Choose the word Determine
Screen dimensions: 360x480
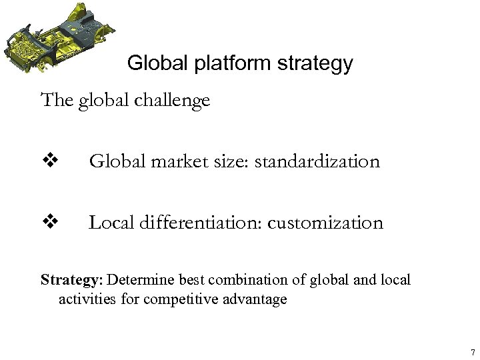coord(139,279)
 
